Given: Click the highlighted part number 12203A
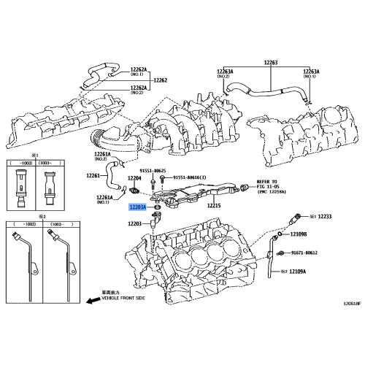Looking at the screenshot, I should click(x=137, y=207).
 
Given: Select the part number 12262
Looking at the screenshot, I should click(x=161, y=80).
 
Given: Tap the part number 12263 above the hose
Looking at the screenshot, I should click(x=271, y=64).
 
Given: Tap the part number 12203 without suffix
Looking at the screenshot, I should click(x=134, y=223).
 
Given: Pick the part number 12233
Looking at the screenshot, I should click(x=325, y=217).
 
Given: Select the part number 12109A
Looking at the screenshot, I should click(x=298, y=272).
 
